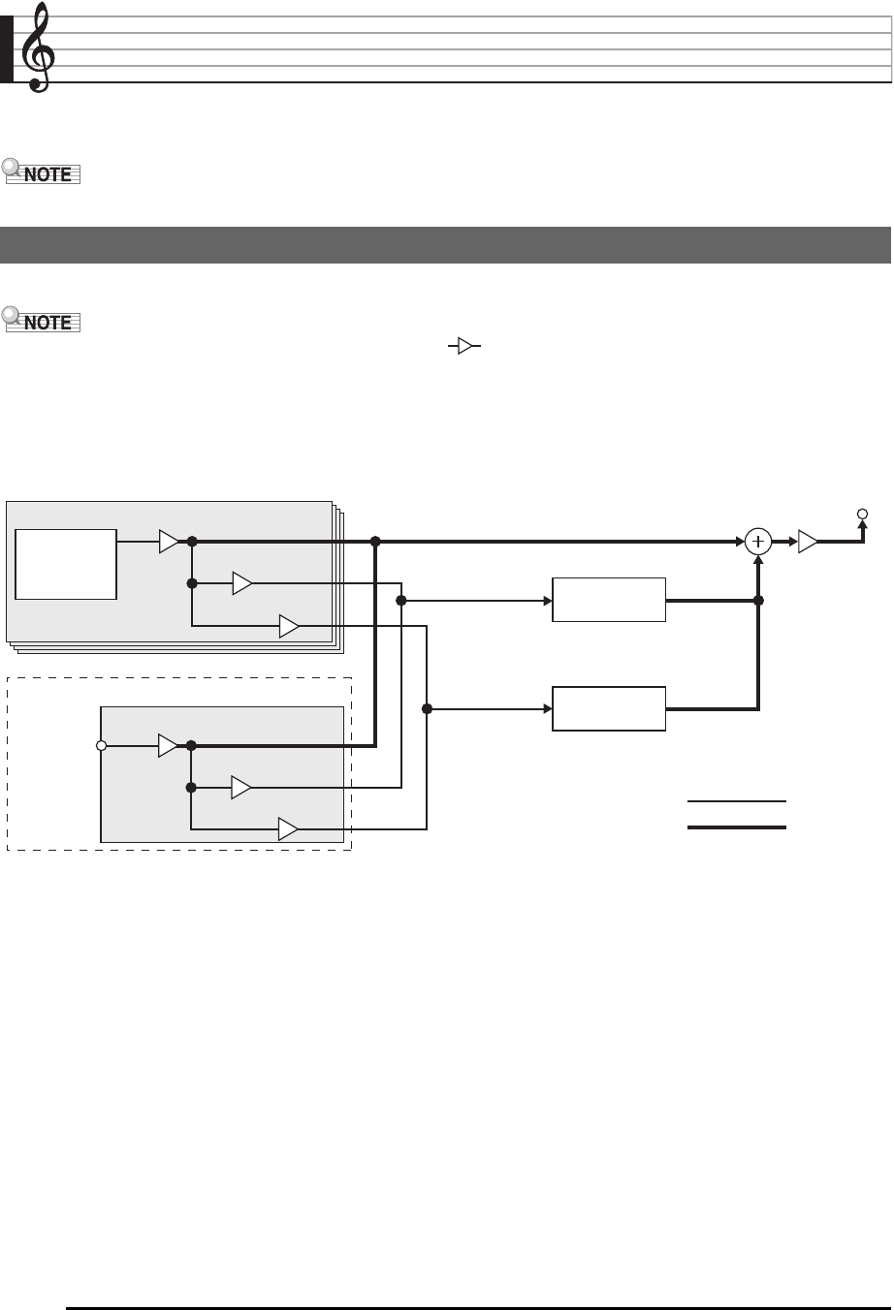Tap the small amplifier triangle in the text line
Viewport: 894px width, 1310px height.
[463, 346]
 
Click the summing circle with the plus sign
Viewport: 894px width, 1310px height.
[758, 543]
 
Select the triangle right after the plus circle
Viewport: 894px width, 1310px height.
[808, 543]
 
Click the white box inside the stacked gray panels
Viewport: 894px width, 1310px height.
[66, 564]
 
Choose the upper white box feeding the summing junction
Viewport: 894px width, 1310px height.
[609, 600]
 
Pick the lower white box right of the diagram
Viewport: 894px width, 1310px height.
[609, 708]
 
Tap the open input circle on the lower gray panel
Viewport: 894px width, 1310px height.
[101, 746]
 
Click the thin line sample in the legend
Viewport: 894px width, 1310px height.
[736, 802]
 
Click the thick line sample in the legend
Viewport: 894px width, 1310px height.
[736, 827]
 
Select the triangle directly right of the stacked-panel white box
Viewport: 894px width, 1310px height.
[169, 542]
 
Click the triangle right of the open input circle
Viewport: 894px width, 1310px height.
[169, 746]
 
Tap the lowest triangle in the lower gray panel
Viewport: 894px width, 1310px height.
[288, 829]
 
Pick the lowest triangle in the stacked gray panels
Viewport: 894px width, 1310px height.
[288, 626]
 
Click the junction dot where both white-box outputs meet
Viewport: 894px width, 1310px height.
[758, 601]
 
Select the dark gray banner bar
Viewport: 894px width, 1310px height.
[446, 245]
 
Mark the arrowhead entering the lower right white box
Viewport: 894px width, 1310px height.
[546, 709]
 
